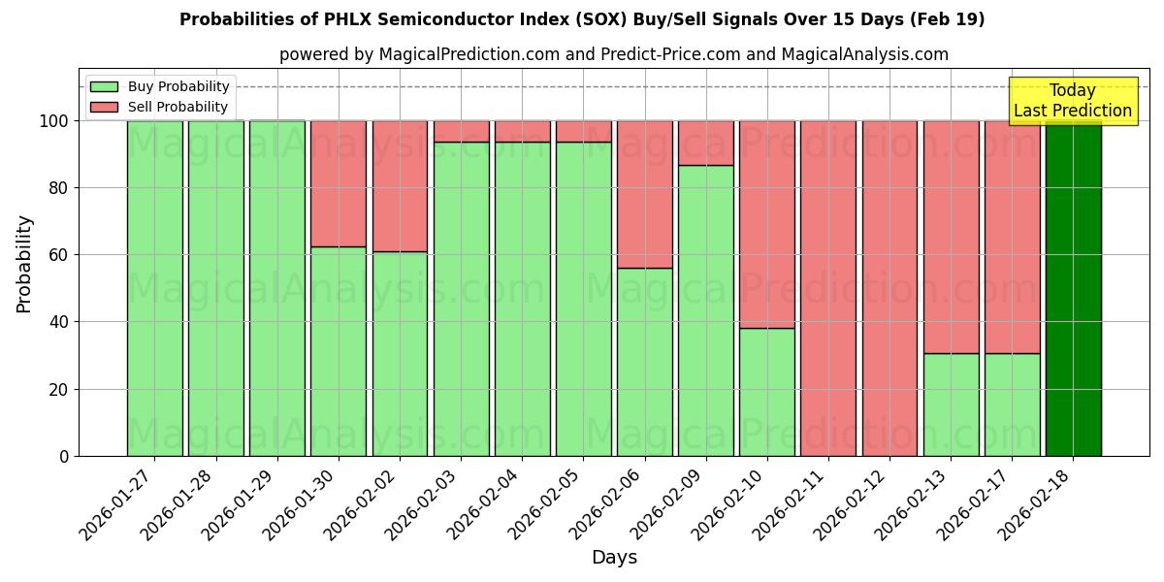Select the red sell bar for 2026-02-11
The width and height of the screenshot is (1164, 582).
coord(828,288)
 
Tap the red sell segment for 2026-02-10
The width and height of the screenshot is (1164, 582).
coord(767,224)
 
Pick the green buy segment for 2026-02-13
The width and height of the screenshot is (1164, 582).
coord(951,404)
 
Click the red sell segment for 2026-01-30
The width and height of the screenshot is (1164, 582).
coord(339,183)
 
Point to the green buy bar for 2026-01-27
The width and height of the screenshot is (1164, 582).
coord(155,288)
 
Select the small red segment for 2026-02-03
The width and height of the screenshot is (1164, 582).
coord(461,131)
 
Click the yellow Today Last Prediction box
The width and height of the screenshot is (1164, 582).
coord(1072,101)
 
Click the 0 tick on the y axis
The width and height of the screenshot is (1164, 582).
coord(64,456)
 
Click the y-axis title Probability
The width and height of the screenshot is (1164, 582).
coord(24,264)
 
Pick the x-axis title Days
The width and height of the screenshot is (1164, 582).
coord(614,558)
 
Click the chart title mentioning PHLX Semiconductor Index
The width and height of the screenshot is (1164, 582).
coord(582,19)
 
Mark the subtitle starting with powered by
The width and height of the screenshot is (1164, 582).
coord(613,54)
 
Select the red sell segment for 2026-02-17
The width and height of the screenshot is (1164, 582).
coord(1012,237)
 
